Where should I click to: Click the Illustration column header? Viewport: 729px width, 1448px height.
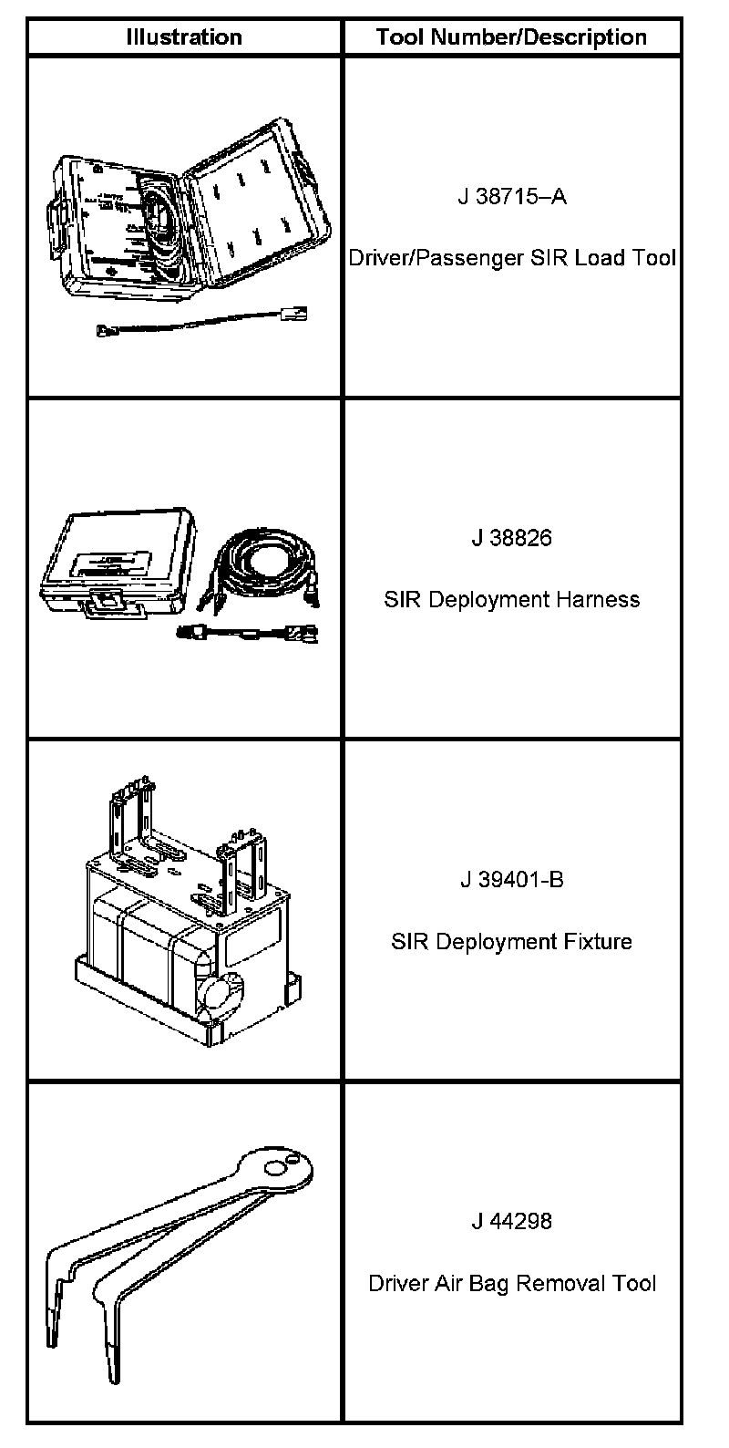pos(184,37)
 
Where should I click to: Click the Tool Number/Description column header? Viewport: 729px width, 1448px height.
pos(511,37)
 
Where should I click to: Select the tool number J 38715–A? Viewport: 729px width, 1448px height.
pos(511,196)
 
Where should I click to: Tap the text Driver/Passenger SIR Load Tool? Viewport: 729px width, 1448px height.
pos(511,258)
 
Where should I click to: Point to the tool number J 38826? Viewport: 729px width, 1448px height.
pos(511,538)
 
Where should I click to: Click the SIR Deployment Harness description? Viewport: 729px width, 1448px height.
pos(511,600)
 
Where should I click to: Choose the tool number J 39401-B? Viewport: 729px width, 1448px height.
pos(511,880)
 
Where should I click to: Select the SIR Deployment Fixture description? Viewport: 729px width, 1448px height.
pos(511,941)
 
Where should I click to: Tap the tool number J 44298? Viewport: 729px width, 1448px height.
pos(511,1221)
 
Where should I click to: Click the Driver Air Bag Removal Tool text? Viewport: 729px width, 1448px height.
pos(511,1284)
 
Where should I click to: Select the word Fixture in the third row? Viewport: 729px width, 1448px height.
pos(597,941)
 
